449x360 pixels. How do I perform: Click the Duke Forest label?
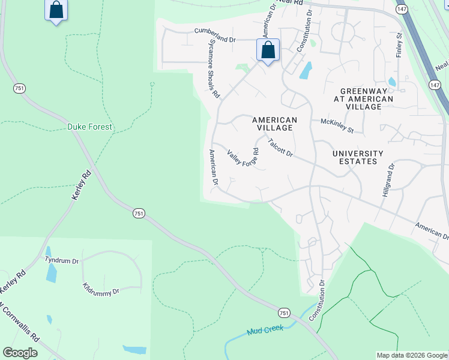pos(89,127)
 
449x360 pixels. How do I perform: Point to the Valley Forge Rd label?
pos(243,159)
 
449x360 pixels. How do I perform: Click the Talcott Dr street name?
pos(280,148)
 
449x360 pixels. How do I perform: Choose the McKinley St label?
pos(337,125)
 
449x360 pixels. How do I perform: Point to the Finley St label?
pos(399,46)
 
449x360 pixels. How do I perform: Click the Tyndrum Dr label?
pos(62,260)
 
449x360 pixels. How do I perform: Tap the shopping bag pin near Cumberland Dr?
pos(268,50)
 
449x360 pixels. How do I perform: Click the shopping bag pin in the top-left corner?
pos(56,10)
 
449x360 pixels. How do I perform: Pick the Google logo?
pos(20,353)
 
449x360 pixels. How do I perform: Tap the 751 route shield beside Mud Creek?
pos(285,313)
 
